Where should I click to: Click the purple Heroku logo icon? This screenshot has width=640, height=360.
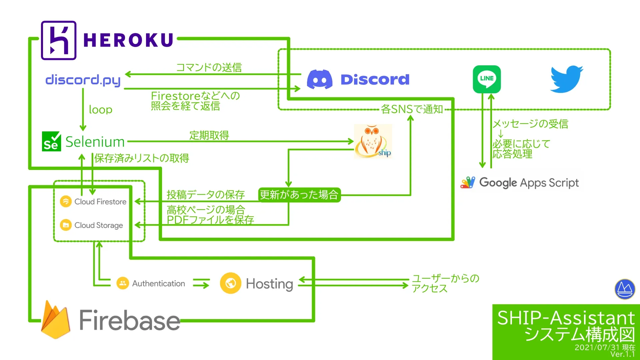[x=59, y=40]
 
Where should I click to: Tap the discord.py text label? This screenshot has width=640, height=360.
[x=83, y=80]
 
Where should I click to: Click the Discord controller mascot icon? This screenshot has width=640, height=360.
[x=319, y=79]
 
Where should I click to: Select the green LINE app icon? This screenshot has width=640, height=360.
[x=487, y=79]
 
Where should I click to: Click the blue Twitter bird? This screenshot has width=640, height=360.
[x=566, y=79]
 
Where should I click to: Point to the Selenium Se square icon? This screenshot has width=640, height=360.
[x=51, y=141]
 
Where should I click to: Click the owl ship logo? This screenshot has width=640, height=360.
[x=373, y=141]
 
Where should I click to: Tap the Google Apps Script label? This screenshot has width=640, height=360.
[x=528, y=183]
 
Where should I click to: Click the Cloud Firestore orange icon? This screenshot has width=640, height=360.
[x=66, y=201]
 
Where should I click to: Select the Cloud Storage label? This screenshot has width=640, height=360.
[x=98, y=225]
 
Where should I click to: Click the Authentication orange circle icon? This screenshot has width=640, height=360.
[x=123, y=283]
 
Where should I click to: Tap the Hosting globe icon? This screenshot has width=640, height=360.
[x=230, y=283]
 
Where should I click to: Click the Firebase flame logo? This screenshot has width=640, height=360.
[x=56, y=320]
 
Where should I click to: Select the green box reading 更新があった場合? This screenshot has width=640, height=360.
[x=299, y=195]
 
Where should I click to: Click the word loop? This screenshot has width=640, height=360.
[x=100, y=110]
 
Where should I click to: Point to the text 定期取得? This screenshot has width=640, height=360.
[x=209, y=135]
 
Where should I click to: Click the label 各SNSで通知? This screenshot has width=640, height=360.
[x=412, y=109]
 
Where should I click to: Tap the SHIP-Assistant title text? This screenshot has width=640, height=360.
[x=566, y=318]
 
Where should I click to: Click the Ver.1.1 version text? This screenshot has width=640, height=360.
[x=622, y=354]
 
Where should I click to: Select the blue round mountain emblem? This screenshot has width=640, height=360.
[x=625, y=289]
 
